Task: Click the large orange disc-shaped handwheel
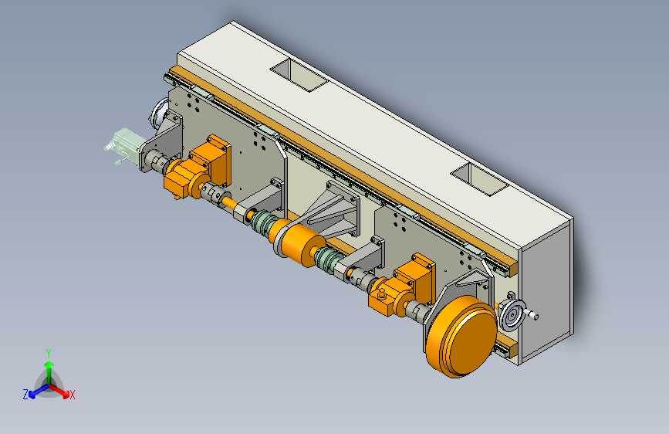(461, 337)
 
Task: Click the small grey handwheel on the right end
(512, 315)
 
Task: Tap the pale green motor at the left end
(123, 145)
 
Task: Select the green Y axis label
(49, 353)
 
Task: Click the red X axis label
(72, 395)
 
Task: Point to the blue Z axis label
(25, 395)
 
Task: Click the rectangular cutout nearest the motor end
(299, 74)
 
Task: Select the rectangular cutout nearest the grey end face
(479, 179)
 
